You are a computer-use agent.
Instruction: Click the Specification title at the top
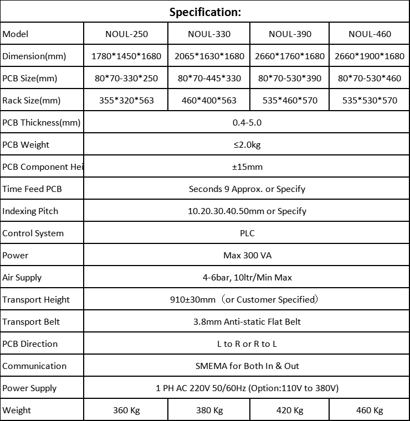(205, 12)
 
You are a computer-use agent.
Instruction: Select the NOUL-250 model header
(126, 34)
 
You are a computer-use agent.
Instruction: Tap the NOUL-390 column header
(290, 34)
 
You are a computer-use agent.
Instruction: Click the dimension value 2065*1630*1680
(209, 56)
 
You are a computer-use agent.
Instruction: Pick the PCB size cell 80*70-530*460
(370, 78)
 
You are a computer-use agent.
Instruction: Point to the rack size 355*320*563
(126, 100)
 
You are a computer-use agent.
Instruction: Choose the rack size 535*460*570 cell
(290, 100)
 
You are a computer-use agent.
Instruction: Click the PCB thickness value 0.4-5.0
(247, 122)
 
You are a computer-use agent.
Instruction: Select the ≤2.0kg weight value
(247, 144)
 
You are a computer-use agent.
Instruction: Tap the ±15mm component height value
(247, 167)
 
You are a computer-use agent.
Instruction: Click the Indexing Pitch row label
(30, 211)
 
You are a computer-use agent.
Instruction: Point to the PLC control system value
(247, 233)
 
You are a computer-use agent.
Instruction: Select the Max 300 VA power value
(247, 255)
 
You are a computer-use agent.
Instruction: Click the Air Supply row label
(22, 277)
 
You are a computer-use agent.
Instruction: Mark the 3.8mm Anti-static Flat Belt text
(247, 321)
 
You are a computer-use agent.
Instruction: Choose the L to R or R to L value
(247, 344)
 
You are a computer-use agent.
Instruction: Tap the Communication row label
(34, 366)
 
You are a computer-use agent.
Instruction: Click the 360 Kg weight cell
(126, 410)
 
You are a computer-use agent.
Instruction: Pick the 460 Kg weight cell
(370, 410)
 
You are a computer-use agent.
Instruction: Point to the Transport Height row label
(36, 299)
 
